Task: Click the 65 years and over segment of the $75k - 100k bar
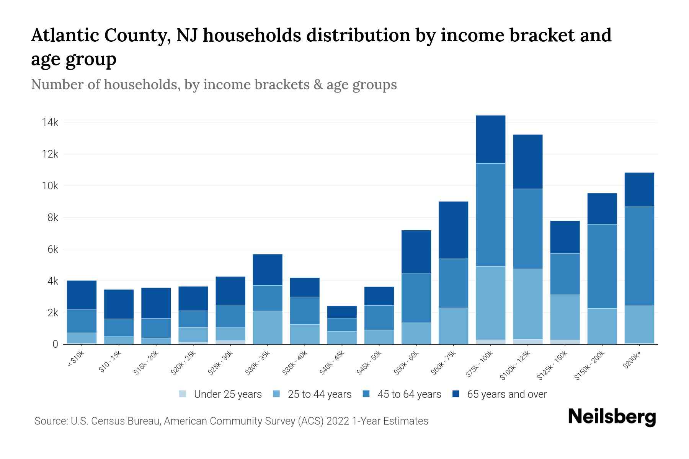490,139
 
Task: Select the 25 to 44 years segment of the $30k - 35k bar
268,327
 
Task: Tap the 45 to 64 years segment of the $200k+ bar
639,256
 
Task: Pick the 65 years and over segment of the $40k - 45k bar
342,312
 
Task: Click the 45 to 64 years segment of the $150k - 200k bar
602,266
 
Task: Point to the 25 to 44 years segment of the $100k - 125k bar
527,304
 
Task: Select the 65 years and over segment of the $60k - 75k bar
453,230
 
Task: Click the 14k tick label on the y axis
50,122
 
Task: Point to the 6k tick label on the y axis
52,249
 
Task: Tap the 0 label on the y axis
55,344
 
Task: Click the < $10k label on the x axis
75,360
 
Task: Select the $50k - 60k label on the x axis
407,363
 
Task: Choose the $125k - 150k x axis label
552,366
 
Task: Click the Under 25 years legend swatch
183,394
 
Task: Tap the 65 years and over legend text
506,394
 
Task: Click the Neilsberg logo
612,417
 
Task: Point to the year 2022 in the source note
338,421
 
